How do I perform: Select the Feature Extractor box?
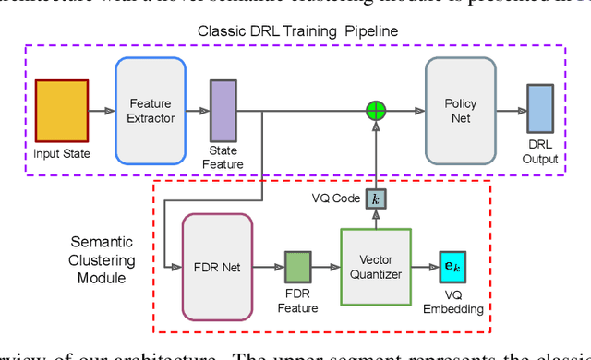(x=151, y=111)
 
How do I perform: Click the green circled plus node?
(x=375, y=112)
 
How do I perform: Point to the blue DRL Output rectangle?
(x=539, y=111)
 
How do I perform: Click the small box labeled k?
(x=375, y=198)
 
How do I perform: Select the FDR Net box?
(x=218, y=267)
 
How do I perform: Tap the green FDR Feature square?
(x=298, y=267)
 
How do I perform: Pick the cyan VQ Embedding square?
(x=453, y=267)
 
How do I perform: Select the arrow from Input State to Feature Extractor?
(x=103, y=112)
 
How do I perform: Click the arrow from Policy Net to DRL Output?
(x=510, y=112)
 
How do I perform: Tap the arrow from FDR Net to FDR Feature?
(x=268, y=267)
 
